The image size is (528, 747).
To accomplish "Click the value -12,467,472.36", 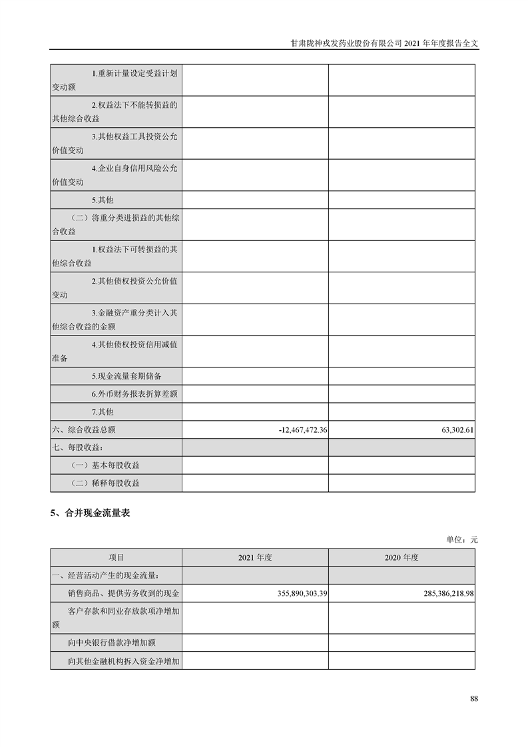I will (x=303, y=430).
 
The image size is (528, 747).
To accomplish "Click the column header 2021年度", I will (x=255, y=557).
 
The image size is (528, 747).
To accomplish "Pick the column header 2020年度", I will (x=401, y=557).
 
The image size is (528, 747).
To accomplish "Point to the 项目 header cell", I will (x=116, y=557).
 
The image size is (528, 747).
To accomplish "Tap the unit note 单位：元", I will (x=462, y=540).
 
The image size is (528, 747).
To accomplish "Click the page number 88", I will (x=473, y=698).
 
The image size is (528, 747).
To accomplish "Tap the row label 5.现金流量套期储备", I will (x=127, y=376).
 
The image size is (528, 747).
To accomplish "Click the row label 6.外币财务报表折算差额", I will (x=134, y=394).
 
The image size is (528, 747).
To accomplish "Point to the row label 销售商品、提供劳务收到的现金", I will (x=123, y=593).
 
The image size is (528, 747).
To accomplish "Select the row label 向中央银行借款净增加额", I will (x=112, y=643).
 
